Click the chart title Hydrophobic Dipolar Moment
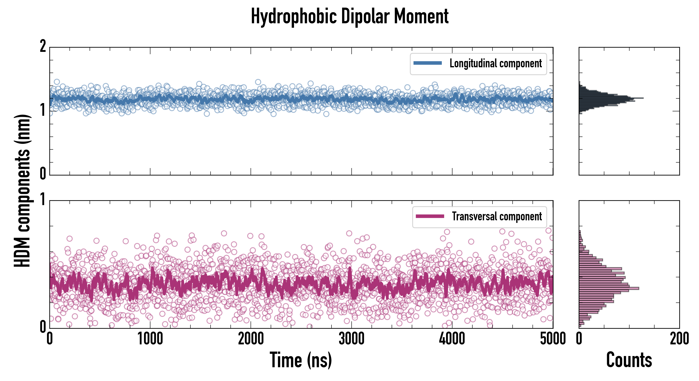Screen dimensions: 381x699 [349, 16]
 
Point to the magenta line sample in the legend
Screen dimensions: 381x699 [430, 216]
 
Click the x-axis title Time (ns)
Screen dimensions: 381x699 [301, 360]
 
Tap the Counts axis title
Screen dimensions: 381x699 [629, 360]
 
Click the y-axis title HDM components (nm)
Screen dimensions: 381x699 [22, 191]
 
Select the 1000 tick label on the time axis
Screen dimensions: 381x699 [150, 339]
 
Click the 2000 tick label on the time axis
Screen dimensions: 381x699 [251, 339]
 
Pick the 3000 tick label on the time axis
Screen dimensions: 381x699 [351, 339]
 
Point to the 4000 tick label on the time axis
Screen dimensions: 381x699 [452, 339]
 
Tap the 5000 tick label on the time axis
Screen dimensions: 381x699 [553, 339]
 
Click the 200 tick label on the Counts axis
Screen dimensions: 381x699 [679, 339]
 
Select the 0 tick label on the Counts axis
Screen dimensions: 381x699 [579, 339]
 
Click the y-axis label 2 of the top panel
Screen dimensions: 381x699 [43, 47]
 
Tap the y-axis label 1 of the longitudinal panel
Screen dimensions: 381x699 [43, 110]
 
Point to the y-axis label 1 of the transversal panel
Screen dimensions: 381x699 [43, 200]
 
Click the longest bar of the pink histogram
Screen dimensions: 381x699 [609, 288]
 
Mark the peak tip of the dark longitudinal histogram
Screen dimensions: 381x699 [643, 98]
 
